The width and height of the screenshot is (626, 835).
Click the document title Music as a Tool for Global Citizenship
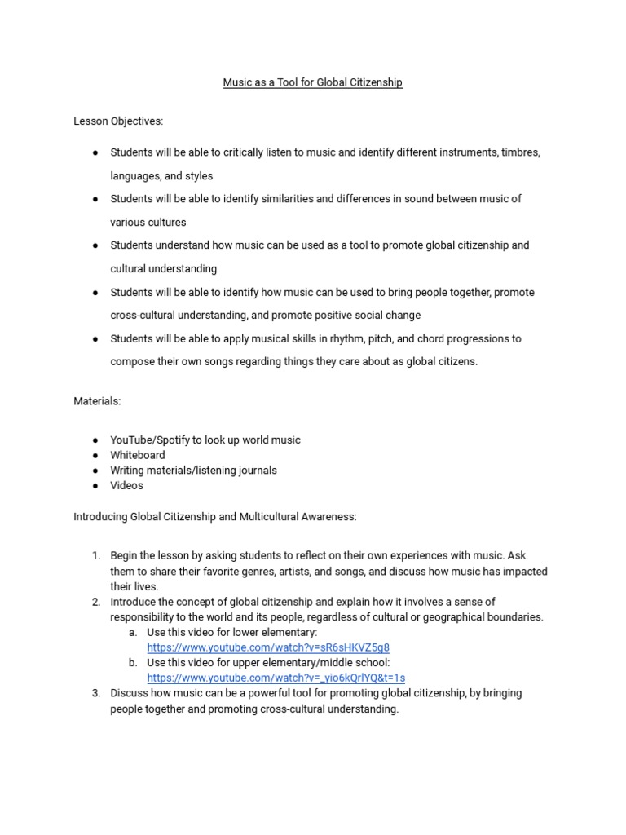(313, 82)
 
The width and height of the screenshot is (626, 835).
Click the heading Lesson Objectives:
(118, 121)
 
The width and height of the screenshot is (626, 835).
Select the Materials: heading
(97, 401)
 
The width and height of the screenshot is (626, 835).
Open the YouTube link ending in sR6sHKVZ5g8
(262, 647)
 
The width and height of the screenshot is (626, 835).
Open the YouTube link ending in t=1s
(276, 678)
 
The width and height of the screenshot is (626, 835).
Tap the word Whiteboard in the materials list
(138, 455)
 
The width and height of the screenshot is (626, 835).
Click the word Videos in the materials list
(126, 485)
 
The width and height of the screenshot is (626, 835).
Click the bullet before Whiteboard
(95, 455)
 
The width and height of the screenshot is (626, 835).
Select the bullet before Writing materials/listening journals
(95, 471)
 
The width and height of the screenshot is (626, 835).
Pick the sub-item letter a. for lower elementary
(133, 632)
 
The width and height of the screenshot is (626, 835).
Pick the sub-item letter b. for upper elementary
(133, 662)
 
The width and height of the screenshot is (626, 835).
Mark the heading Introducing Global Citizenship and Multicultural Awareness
(215, 516)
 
